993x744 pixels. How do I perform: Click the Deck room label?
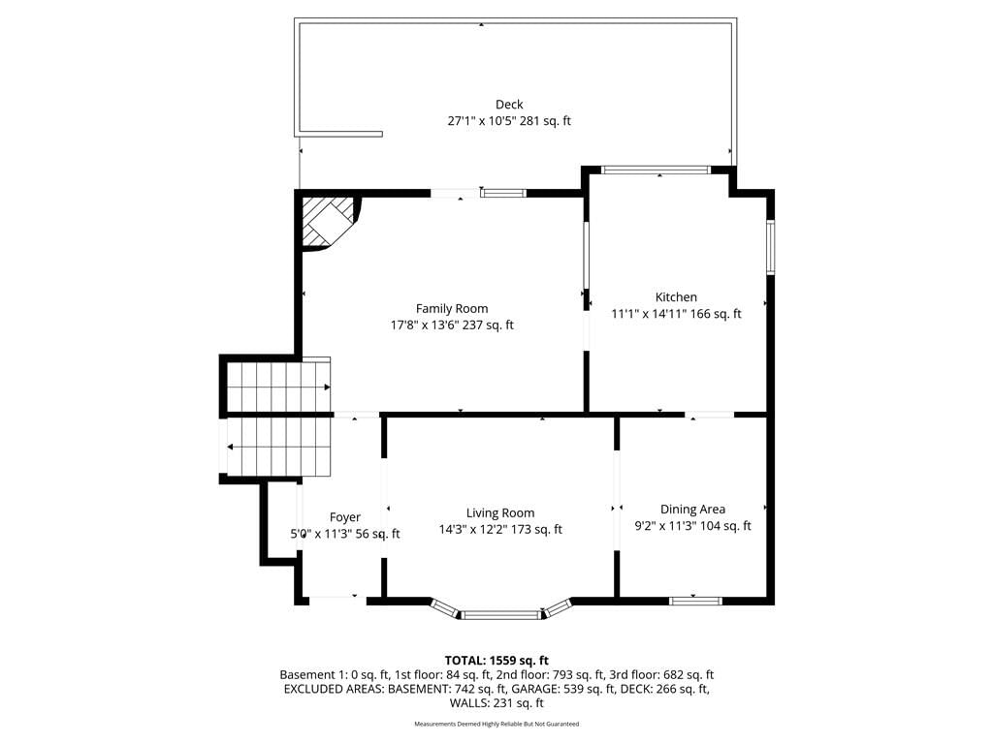(x=509, y=105)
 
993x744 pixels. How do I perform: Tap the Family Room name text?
(x=452, y=309)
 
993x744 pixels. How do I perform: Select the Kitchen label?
(x=676, y=297)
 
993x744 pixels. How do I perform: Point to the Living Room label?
(x=500, y=513)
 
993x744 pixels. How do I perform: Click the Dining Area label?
(x=692, y=510)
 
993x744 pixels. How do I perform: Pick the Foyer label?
(x=345, y=517)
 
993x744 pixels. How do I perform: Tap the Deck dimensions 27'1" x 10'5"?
(x=481, y=121)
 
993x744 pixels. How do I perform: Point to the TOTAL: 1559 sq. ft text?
(x=496, y=661)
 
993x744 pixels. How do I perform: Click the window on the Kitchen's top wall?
(x=656, y=170)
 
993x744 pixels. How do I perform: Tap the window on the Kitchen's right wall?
(x=771, y=247)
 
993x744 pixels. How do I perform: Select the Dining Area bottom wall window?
(x=695, y=601)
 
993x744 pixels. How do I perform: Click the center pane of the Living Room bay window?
(x=500, y=615)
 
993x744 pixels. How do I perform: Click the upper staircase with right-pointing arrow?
(x=278, y=387)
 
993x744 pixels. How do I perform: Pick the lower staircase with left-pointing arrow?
(x=278, y=447)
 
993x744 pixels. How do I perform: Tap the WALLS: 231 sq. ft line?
(x=496, y=703)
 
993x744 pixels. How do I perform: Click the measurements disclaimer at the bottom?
(x=496, y=724)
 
